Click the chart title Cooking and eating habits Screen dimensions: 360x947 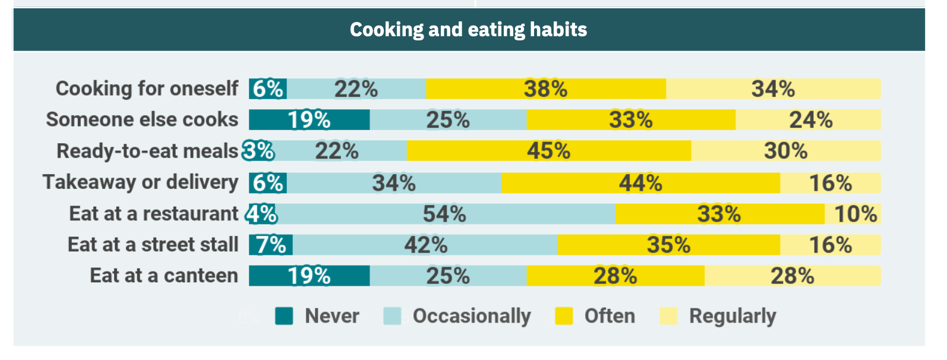tap(468, 29)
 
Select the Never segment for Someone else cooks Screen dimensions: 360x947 tap(309, 119)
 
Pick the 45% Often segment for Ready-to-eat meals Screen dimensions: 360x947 tap(548, 151)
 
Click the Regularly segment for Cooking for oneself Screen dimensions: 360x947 tap(773, 89)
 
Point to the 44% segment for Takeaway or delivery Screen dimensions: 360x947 tap(640, 183)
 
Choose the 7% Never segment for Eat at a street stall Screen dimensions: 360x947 tap(271, 245)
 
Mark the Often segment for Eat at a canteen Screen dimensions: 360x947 tap(615, 276)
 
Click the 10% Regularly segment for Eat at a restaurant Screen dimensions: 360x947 tap(854, 214)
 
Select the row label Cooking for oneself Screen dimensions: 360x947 tap(147, 89)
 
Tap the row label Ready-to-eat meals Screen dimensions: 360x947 tap(147, 151)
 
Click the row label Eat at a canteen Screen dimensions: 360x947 tap(164, 276)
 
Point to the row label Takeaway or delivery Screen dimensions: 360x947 tap(140, 182)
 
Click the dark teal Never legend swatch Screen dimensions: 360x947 tap(284, 316)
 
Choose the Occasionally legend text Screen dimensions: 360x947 tap(472, 316)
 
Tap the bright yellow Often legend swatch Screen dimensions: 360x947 tap(564, 316)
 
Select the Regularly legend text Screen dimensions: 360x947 tap(733, 316)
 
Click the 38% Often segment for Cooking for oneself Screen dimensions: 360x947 tap(545, 89)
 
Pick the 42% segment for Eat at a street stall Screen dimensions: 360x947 tap(425, 245)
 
